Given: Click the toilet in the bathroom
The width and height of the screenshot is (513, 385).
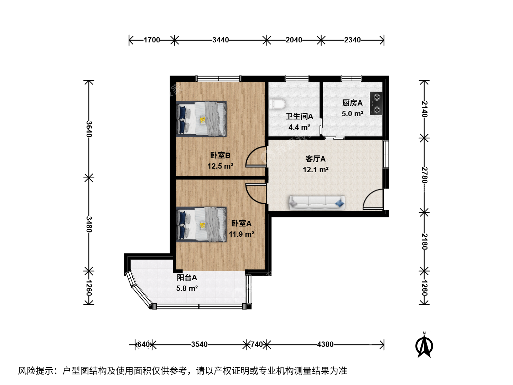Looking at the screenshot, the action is click(277, 104).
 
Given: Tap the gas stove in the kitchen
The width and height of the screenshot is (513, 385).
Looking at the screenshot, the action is click(376, 103).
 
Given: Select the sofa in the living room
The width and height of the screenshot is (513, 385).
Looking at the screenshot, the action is click(317, 202).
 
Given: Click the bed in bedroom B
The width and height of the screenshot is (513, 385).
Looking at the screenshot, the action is click(201, 119).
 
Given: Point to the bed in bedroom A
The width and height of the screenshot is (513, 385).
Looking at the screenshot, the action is click(201, 225).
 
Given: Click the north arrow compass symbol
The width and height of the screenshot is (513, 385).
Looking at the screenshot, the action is click(424, 345).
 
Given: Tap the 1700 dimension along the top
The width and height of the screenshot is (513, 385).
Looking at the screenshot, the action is click(152, 40).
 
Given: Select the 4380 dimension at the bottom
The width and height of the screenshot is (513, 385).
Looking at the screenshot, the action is click(325, 344).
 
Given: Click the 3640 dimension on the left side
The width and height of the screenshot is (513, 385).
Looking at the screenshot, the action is click(89, 129).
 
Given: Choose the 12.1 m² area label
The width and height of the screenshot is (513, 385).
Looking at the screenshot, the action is click(316, 169).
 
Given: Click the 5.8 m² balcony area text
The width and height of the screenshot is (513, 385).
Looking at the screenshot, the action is click(187, 288).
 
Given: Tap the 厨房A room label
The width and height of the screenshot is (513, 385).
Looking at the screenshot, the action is click(352, 103).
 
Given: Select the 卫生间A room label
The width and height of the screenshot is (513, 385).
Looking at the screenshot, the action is click(299, 117).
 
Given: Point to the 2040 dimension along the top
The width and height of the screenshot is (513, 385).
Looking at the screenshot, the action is click(294, 40).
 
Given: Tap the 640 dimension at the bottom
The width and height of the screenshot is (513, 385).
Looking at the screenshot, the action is click(143, 344).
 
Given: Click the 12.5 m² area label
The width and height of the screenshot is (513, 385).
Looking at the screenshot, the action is click(221, 166).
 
